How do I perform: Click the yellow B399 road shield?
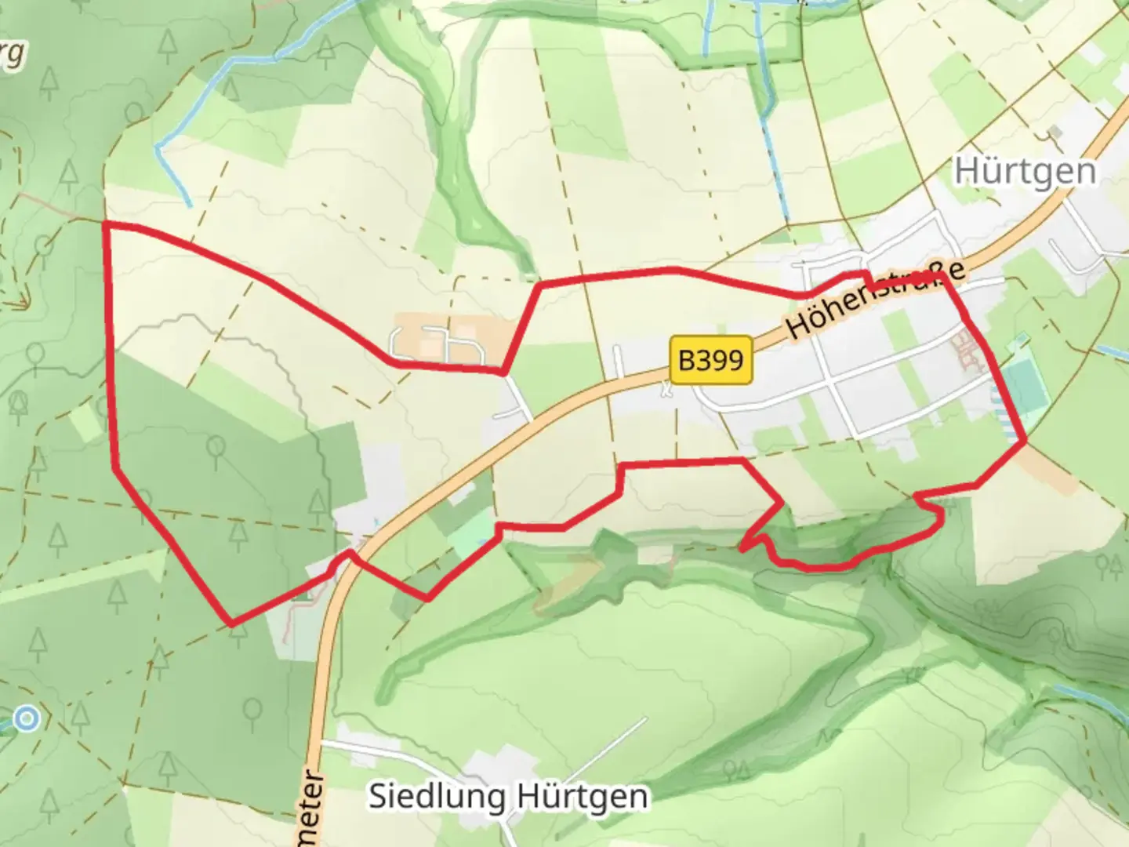(x=711, y=360)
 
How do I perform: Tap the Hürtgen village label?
(x=1025, y=172)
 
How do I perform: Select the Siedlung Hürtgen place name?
(x=509, y=796)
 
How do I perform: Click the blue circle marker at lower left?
(x=27, y=718)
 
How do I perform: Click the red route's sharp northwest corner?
(x=105, y=224)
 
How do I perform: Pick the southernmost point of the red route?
(x=231, y=624)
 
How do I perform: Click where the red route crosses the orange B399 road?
(x=345, y=558)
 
